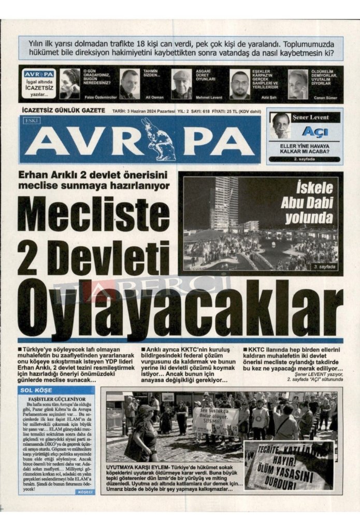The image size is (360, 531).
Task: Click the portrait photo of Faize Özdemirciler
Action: [x=70, y=83]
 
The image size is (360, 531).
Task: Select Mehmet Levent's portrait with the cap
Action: [x=181, y=83]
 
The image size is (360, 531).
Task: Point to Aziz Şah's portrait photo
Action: [x=239, y=83]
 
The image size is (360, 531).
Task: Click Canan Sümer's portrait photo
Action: [x=298, y=83]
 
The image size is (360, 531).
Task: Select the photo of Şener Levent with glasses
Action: [x=280, y=124]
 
